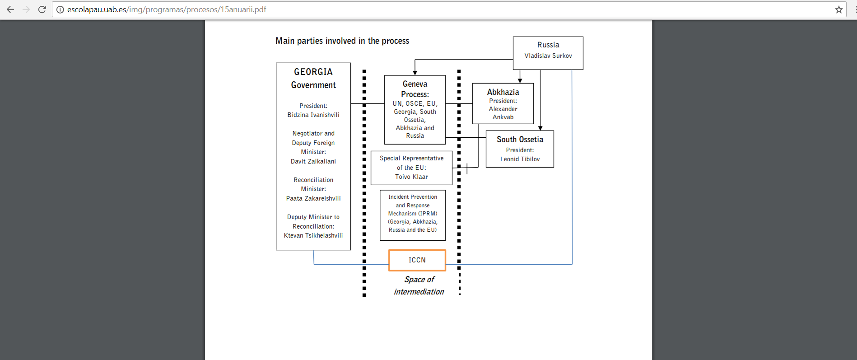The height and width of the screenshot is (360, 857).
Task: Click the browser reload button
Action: pos(42,9)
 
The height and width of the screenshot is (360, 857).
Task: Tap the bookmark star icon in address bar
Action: pos(839,9)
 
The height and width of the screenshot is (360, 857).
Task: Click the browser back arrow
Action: pos(10,9)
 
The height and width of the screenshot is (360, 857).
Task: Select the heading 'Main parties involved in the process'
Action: pos(342,41)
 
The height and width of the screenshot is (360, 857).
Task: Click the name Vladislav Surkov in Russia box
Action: pos(548,56)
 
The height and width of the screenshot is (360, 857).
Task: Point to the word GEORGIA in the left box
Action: pos(313,72)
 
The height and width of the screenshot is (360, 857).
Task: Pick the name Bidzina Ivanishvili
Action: pos(313,115)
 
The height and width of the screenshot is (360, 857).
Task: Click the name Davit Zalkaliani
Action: pos(313,161)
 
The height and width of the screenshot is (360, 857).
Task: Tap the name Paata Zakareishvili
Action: pos(313,198)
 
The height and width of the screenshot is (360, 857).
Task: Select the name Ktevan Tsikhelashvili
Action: pos(313,235)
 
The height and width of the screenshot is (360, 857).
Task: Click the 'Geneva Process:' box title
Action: pos(415,89)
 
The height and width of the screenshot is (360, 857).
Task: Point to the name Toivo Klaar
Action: pos(411,177)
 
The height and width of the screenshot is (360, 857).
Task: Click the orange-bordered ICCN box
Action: pos(417,260)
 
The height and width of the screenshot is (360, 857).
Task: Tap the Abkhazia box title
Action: pos(503,92)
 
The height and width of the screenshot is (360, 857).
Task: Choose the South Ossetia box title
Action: pos(520,140)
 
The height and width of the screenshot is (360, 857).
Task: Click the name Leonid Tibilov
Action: pos(520,159)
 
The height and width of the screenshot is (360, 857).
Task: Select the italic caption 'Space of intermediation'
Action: pos(419,285)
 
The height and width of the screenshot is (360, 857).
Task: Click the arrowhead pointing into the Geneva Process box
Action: pos(415,73)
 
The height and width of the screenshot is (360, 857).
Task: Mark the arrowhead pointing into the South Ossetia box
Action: pos(540,128)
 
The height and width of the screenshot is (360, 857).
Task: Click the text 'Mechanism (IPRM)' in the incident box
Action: pos(413,214)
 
